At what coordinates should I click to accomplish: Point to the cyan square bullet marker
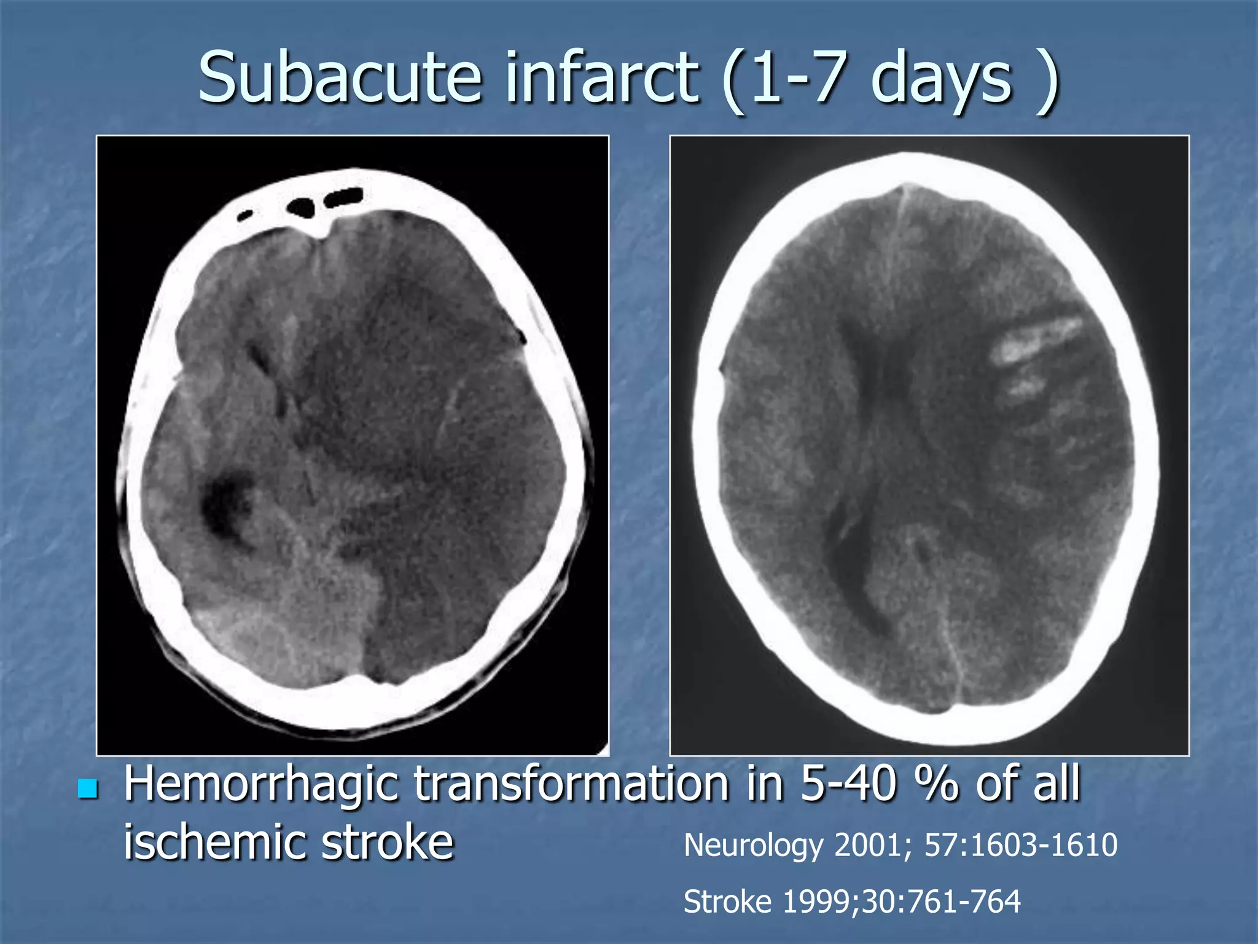(88, 789)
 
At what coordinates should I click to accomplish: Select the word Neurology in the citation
(753, 846)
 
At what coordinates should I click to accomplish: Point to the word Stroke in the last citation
(727, 902)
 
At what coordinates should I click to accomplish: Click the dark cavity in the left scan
(225, 501)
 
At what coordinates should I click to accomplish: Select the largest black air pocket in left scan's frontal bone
(302, 206)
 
